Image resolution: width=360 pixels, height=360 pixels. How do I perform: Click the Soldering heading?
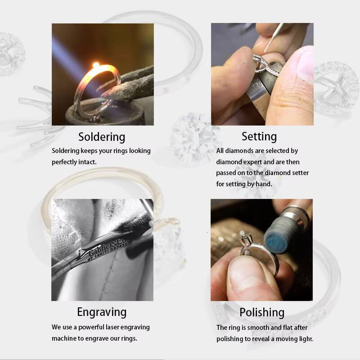[102, 137]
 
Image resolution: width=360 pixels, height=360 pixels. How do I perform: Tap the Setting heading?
[259, 137]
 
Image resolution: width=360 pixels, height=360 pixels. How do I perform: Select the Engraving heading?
[102, 312]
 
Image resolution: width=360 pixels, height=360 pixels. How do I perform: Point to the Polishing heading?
[262, 312]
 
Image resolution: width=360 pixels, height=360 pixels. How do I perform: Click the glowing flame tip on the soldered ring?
[96, 65]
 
